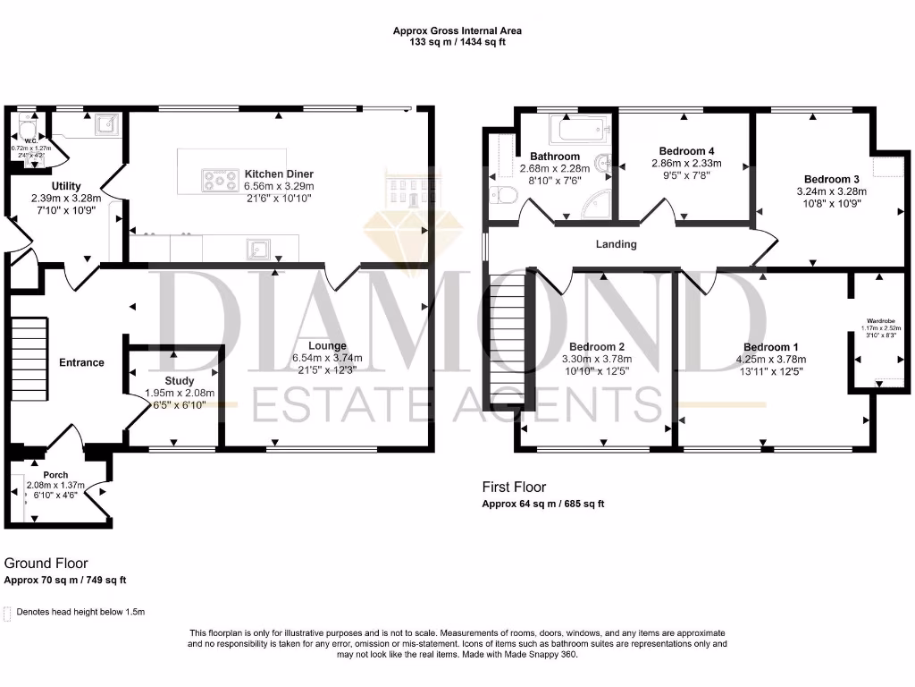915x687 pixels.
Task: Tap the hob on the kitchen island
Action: tap(217, 181)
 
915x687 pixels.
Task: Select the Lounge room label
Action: tap(328, 345)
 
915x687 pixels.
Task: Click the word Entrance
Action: tap(81, 362)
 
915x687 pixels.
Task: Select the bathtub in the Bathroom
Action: tap(580, 131)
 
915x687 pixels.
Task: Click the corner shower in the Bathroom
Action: tap(595, 207)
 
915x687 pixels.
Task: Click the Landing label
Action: tap(617, 244)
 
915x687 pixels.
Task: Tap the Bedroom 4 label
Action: tap(686, 151)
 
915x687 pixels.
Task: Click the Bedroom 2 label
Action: tap(596, 347)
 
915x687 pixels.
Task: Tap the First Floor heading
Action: tap(514, 487)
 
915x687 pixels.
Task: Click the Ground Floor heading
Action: tap(46, 564)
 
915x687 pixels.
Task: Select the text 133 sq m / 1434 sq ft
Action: tap(457, 42)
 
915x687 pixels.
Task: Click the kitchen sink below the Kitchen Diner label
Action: tap(260, 247)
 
